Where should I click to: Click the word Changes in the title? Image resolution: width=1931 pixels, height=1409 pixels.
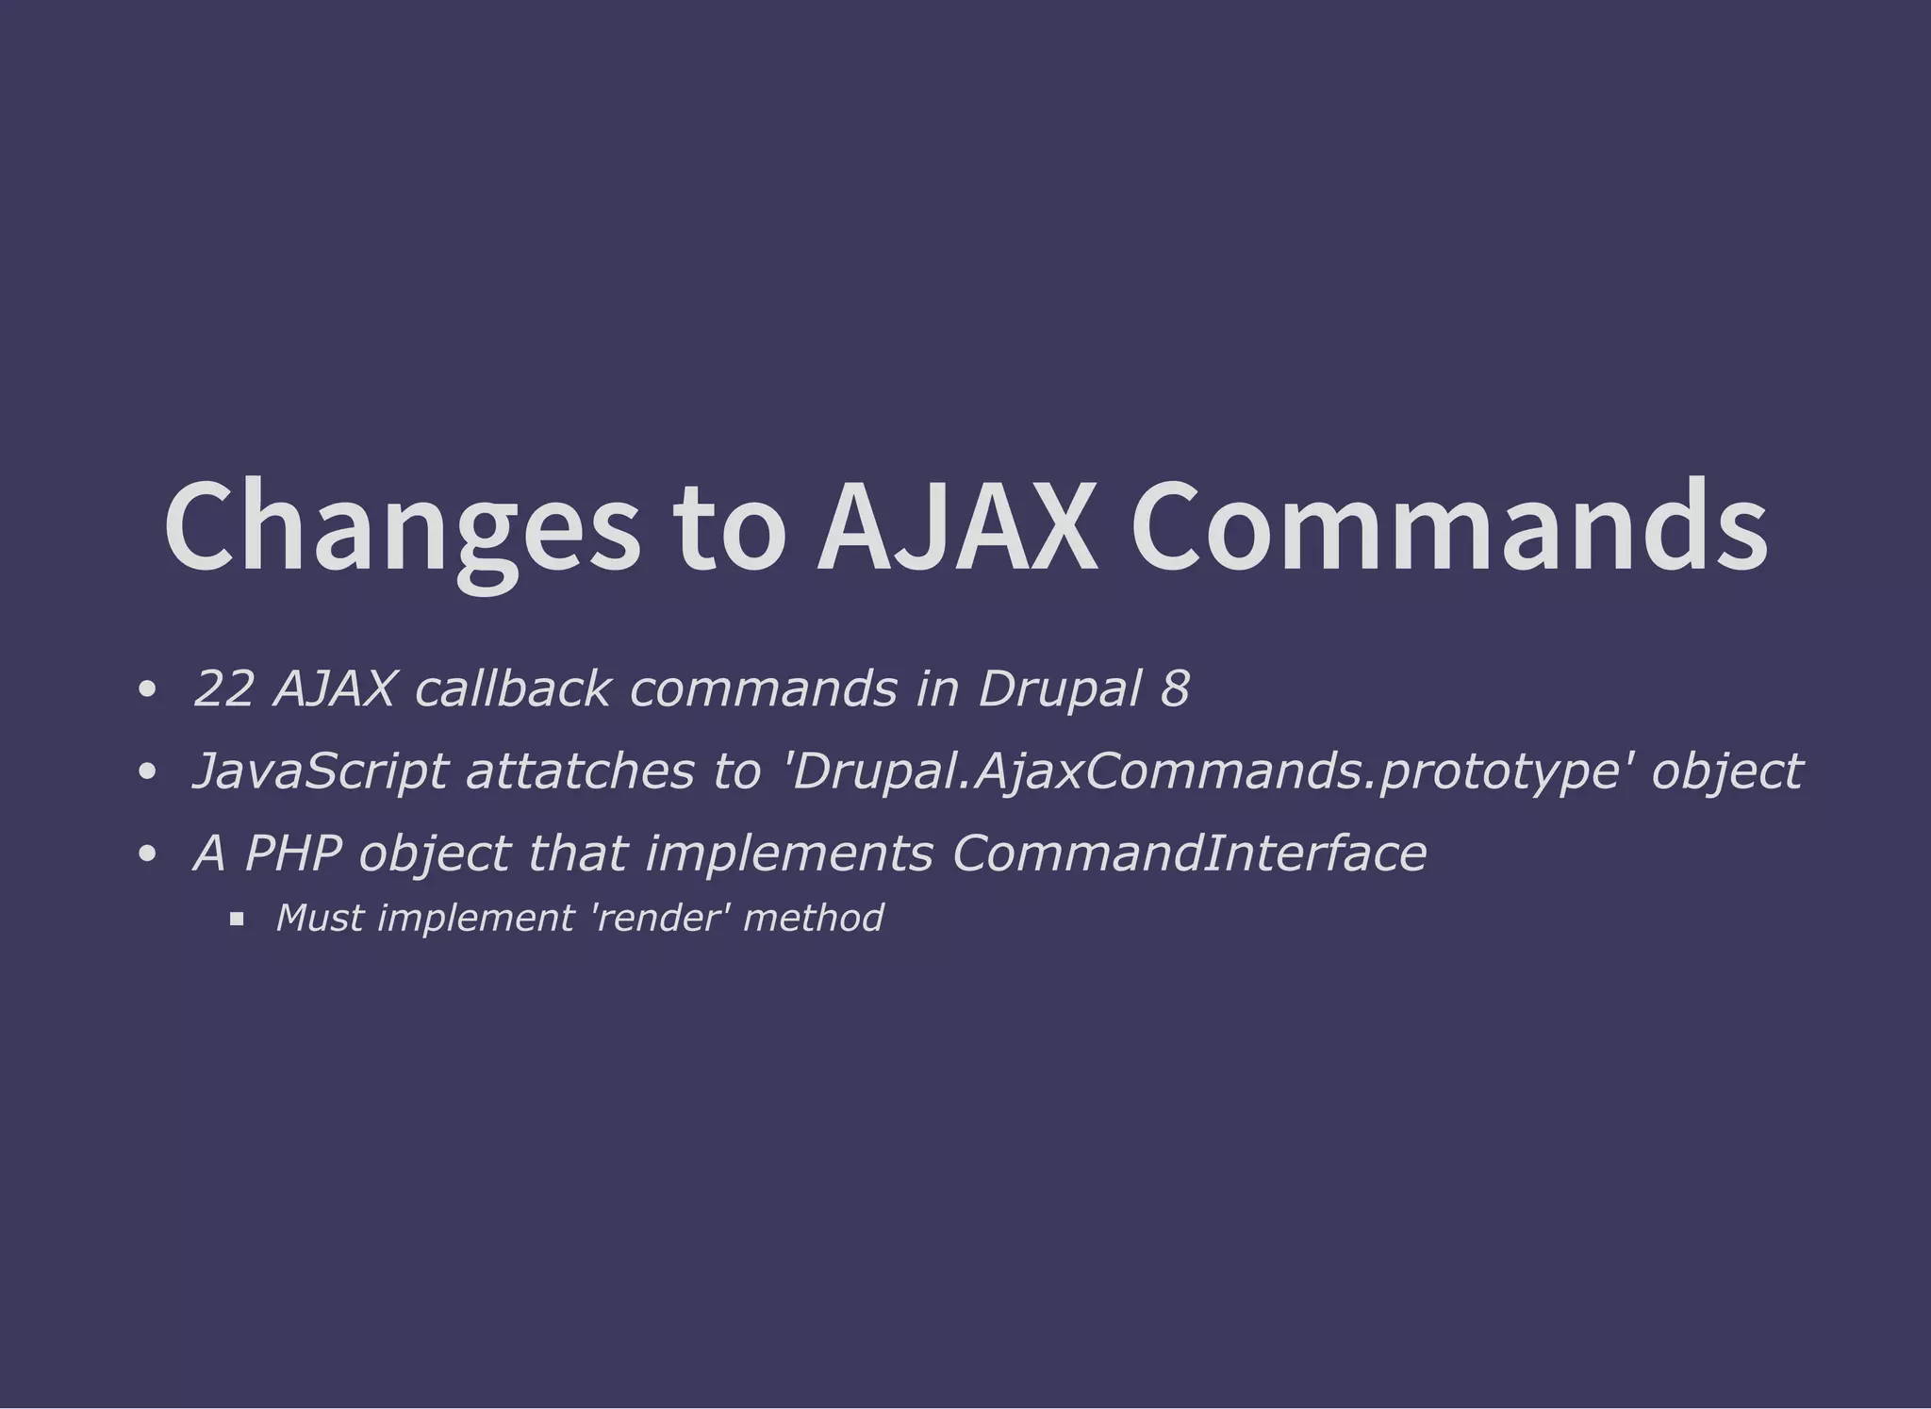click(400, 528)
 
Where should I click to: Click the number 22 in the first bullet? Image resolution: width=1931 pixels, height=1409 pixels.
click(223, 689)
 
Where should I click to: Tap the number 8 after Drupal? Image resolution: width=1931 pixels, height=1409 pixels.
click(1175, 689)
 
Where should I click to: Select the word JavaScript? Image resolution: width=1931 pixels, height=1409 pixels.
click(319, 771)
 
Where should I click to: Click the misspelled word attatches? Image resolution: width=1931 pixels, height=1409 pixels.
click(579, 771)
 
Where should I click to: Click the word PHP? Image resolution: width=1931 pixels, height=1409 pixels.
click(292, 854)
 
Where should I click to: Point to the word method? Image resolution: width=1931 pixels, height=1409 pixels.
click(813, 918)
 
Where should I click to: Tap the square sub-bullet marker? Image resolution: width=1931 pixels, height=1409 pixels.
click(237, 919)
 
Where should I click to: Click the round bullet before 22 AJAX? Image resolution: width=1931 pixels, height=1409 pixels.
click(146, 690)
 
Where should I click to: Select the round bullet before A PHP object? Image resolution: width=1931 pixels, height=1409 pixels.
click(146, 854)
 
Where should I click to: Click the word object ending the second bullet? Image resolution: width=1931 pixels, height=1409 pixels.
click(1727, 771)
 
